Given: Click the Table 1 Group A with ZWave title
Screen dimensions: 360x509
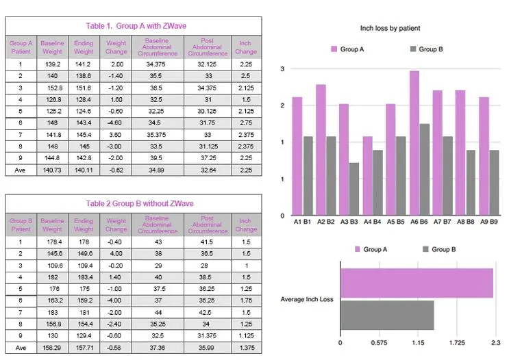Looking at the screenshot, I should click(x=133, y=26).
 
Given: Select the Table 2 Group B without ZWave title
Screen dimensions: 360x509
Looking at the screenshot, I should click(x=133, y=203).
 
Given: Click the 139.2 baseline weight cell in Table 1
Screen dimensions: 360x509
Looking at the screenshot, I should click(x=52, y=64).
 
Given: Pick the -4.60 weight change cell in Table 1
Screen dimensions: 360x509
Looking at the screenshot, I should click(x=116, y=122).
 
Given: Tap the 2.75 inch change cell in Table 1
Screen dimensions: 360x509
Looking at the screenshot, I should click(x=246, y=122).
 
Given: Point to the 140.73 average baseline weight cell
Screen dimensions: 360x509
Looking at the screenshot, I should click(x=52, y=170).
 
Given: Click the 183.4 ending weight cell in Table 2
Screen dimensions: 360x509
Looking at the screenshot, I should click(x=84, y=276).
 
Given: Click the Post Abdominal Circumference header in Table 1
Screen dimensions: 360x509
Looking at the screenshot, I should click(x=208, y=47).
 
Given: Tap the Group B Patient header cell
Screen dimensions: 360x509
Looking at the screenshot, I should click(x=21, y=224).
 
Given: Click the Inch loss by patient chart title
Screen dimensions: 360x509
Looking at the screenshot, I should click(x=390, y=28).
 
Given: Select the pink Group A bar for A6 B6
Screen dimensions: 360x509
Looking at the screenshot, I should click(x=414, y=143).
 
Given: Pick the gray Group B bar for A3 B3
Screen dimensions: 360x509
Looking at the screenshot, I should click(x=353, y=189).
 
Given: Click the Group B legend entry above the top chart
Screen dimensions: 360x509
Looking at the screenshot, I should click(x=427, y=49).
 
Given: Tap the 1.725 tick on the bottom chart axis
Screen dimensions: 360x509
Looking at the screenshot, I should click(x=456, y=342).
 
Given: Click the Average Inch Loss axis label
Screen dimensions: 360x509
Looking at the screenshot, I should click(x=308, y=300).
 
